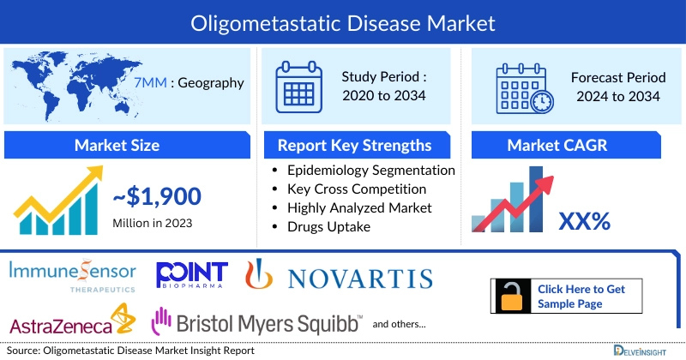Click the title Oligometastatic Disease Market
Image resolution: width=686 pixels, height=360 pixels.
tap(342, 20)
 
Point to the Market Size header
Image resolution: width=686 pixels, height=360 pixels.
tap(116, 144)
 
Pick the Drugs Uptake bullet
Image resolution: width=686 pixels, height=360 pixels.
tap(330, 226)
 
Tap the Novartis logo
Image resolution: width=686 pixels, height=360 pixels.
tap(339, 276)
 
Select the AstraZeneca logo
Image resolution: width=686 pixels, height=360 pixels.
tap(72, 324)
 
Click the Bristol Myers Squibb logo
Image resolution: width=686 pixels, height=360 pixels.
tap(257, 322)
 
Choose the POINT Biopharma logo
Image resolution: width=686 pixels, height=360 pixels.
tap(192, 275)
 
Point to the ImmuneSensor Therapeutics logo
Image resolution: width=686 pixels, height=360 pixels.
tap(72, 276)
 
